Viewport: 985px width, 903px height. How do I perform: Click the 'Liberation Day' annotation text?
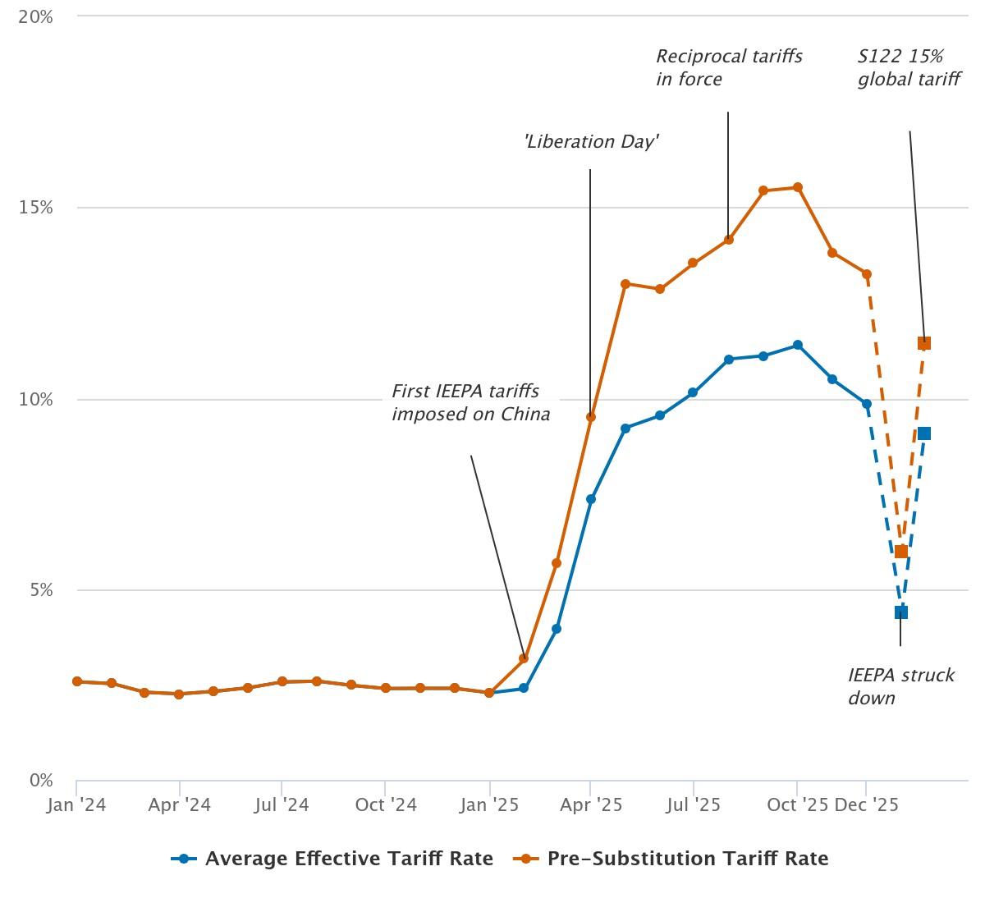[x=591, y=141]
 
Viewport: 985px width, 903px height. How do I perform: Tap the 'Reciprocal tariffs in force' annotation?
[x=729, y=67]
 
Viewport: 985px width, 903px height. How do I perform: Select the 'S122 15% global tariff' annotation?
[x=909, y=67]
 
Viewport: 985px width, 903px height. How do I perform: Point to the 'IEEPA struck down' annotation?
[x=900, y=686]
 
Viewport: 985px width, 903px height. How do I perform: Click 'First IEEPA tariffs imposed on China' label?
[x=470, y=402]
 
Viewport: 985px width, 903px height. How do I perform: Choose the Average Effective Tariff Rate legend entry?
[x=332, y=859]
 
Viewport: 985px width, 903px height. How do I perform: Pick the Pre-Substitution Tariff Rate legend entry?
[x=671, y=859]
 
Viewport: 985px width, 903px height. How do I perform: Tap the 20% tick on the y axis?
[x=35, y=16]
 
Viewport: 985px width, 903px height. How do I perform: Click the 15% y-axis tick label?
[x=35, y=208]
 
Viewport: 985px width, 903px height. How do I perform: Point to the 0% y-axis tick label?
[x=40, y=781]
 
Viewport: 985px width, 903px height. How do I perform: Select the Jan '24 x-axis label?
[x=76, y=804]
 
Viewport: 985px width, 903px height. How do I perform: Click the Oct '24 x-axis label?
[x=386, y=804]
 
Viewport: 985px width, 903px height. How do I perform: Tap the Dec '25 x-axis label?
[x=866, y=804]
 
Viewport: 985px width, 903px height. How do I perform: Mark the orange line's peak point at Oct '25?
[x=797, y=187]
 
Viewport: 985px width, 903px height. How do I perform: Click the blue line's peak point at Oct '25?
[x=797, y=345]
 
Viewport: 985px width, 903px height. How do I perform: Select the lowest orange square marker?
[x=900, y=552]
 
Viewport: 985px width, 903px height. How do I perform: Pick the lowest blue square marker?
[x=900, y=612]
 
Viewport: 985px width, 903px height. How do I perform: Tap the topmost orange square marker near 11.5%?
[x=923, y=343]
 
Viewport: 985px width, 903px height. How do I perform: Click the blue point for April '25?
[x=591, y=499]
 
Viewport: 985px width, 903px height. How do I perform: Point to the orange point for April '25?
[x=591, y=417]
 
